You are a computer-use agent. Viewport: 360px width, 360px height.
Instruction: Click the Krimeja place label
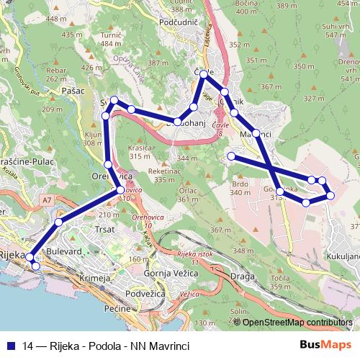click(94, 278)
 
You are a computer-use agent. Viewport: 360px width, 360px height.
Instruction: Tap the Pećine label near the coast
click(116, 308)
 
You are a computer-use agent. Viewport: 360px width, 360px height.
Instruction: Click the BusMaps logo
click(320, 346)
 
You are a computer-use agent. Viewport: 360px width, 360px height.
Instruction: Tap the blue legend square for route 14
click(12, 346)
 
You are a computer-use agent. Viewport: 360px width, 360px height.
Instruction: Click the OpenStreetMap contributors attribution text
click(297, 323)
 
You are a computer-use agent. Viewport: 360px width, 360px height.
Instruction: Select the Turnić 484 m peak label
click(111, 39)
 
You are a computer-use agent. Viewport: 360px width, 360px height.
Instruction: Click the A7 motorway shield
click(47, 199)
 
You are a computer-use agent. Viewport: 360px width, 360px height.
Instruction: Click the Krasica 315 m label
click(140, 152)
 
